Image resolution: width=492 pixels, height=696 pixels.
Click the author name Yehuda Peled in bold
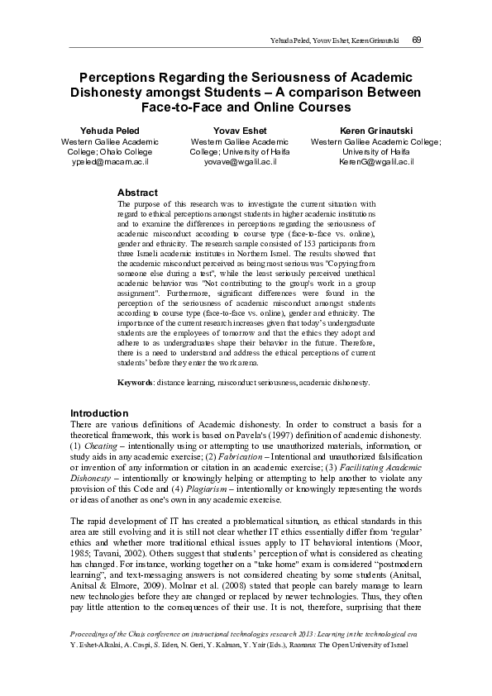(x=110, y=131)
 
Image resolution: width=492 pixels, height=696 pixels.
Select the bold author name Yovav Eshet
(x=246, y=131)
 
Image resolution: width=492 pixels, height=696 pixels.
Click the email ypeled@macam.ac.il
(x=110, y=163)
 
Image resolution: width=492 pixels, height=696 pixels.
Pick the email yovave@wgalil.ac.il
(x=246, y=163)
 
